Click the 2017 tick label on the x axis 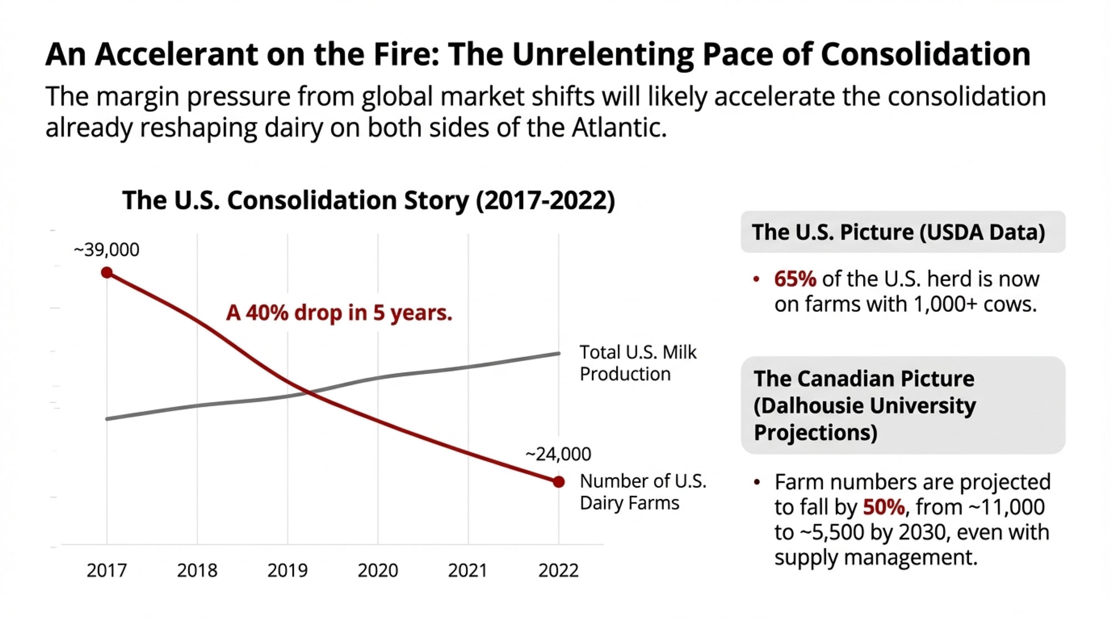[107, 570]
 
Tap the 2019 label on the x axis [287, 570]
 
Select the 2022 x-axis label [558, 570]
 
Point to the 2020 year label [378, 570]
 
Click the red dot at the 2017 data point [107, 272]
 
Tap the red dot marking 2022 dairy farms [559, 482]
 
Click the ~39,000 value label [106, 250]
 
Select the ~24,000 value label [558, 454]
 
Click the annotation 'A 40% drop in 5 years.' [339, 313]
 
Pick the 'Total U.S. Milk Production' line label [637, 363]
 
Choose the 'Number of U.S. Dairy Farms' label [643, 492]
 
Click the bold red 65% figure [795, 279]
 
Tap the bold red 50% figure [884, 507]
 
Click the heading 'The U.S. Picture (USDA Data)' [898, 232]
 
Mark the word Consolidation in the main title [925, 54]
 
